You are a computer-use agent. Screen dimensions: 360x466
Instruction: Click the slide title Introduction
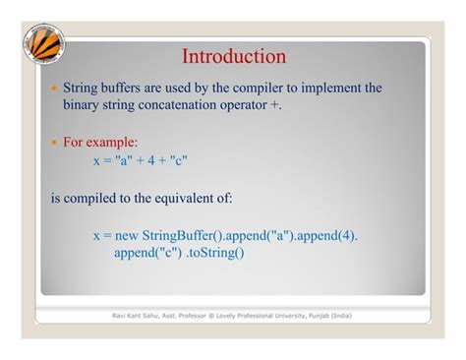tap(234, 56)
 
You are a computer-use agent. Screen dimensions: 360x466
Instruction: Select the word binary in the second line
tap(85, 105)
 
